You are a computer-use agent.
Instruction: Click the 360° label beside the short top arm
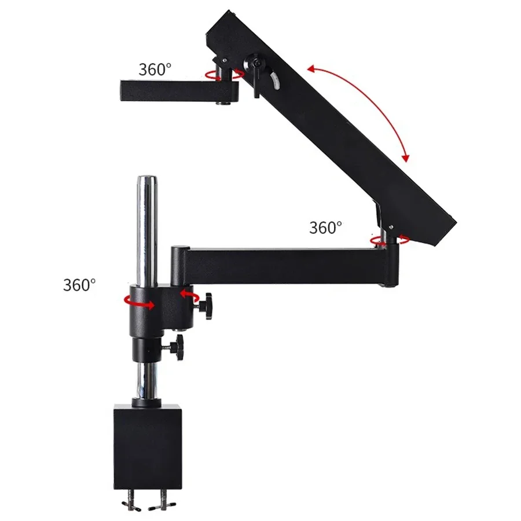(155, 70)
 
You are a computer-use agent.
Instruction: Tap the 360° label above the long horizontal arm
(325, 228)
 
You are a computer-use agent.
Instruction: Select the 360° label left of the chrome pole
(79, 285)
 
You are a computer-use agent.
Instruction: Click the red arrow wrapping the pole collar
(140, 302)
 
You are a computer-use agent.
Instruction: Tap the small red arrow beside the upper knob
(188, 293)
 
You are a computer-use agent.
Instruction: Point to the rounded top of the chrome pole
(146, 180)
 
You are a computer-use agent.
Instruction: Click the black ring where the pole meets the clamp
(147, 401)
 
